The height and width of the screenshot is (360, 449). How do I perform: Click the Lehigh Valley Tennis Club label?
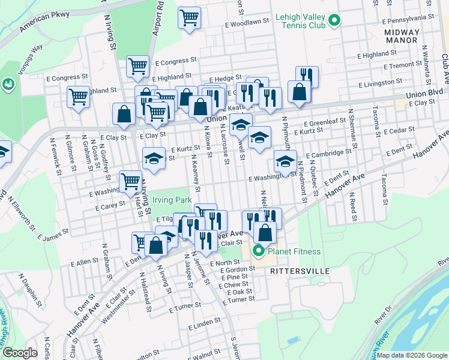click(300, 22)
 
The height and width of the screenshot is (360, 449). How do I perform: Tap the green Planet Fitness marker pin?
click(259, 251)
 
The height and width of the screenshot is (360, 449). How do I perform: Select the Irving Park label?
click(172, 199)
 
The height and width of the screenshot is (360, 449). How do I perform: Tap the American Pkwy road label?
click(45, 23)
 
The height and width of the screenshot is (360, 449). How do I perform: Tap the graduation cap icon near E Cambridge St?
click(285, 160)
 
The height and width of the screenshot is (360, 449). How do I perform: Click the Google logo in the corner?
click(20, 353)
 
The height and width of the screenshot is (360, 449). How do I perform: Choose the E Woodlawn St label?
click(246, 23)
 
